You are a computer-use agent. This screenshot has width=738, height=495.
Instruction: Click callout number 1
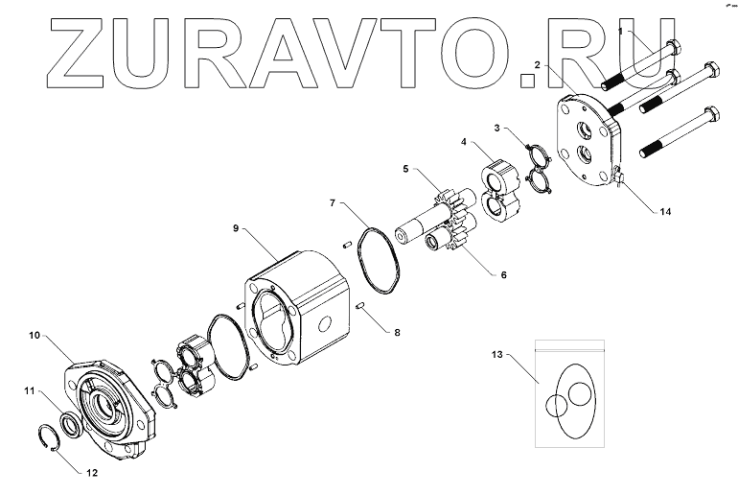[619, 31]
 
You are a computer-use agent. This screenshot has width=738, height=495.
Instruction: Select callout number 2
[539, 64]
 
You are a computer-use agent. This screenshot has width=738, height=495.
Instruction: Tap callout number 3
[498, 127]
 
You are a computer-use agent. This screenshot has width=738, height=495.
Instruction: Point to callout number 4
[464, 142]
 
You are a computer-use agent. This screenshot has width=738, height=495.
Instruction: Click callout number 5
[405, 169]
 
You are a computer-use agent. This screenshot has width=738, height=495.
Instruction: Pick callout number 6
[503, 274]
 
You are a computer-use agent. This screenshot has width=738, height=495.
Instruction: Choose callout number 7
[333, 203]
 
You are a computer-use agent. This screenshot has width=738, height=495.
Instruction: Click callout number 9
[235, 228]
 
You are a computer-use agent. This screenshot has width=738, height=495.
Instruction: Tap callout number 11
[29, 390]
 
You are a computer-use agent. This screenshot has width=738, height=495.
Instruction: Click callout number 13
[496, 355]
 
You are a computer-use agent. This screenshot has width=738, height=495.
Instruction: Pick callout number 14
[664, 213]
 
